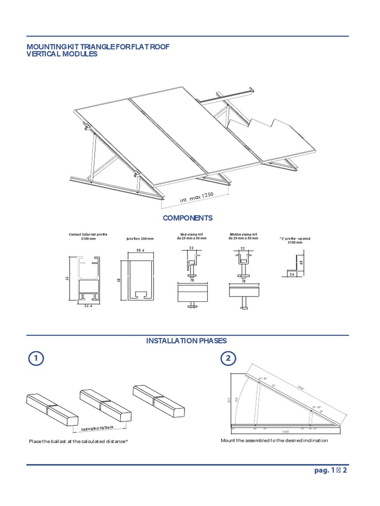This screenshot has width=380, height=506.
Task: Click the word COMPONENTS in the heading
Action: [x=188, y=218]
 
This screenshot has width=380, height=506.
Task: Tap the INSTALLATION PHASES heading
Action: [x=187, y=341]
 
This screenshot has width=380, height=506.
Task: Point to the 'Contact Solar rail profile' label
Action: [x=88, y=236]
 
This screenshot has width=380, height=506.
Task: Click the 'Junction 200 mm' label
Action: [x=140, y=239]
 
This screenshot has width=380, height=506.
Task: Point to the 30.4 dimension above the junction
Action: [x=140, y=251]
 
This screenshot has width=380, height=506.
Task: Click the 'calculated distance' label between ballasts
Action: [x=97, y=427]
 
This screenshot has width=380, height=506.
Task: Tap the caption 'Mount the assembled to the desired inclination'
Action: [x=274, y=440]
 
